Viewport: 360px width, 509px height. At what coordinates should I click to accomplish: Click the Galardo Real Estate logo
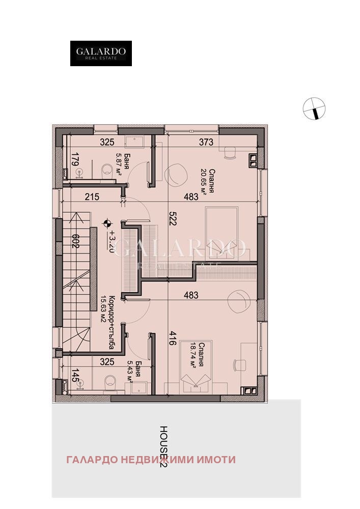(x=101, y=53)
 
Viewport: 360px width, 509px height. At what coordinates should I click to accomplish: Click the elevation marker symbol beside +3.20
(x=107, y=223)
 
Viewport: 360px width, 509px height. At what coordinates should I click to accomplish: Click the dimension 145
(x=74, y=377)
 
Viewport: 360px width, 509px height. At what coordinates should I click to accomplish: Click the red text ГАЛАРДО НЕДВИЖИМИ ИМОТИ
(x=151, y=460)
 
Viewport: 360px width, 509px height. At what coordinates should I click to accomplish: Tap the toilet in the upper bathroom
(x=107, y=170)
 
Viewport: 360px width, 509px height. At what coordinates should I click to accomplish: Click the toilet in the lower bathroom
(x=107, y=382)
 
